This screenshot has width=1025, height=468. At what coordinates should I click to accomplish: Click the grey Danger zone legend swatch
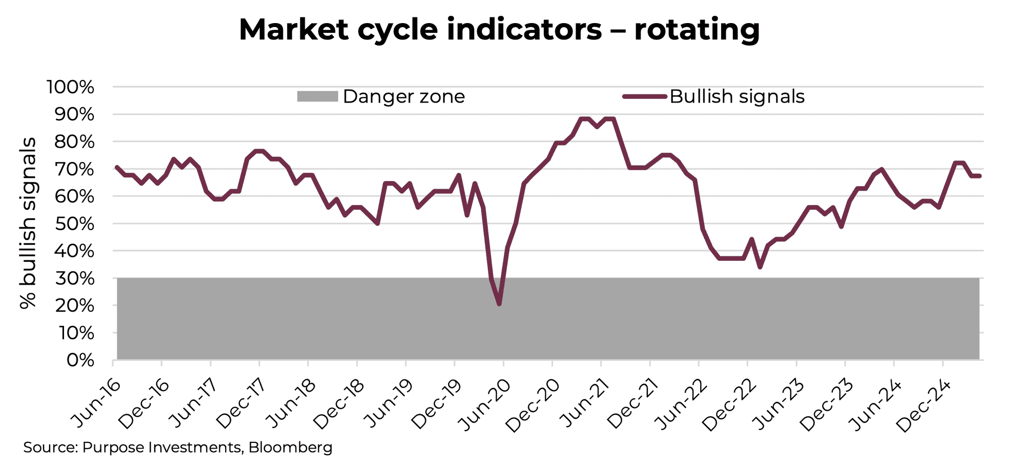tap(317, 96)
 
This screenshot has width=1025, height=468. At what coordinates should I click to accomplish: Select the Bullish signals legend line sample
tap(645, 96)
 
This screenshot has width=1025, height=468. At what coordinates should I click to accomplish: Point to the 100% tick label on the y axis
tap(71, 87)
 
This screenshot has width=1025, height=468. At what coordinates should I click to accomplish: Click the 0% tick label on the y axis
tap(80, 360)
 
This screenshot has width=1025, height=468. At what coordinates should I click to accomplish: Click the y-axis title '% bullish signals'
tap(28, 223)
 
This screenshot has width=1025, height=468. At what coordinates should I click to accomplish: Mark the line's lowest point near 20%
tap(499, 304)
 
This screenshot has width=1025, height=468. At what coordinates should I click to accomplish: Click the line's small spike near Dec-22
tap(752, 239)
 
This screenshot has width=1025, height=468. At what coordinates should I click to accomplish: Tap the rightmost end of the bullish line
tap(979, 176)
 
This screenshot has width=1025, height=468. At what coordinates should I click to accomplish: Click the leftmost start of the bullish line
tap(117, 167)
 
